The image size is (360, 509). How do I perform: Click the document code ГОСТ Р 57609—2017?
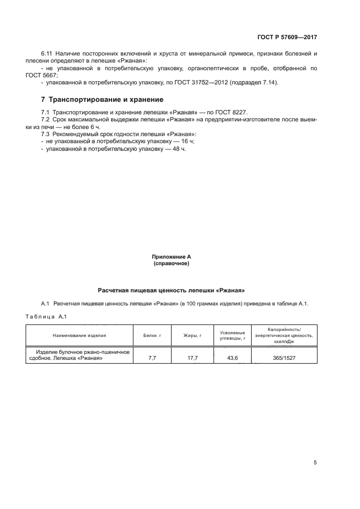coord(287,38)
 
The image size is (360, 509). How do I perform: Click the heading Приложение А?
coord(171,256)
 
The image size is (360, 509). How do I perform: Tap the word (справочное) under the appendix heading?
coord(171,263)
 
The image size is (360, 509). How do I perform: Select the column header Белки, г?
coord(152,336)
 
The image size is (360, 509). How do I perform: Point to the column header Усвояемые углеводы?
coord(232,336)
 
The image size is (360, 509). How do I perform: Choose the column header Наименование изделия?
coord(80,336)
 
